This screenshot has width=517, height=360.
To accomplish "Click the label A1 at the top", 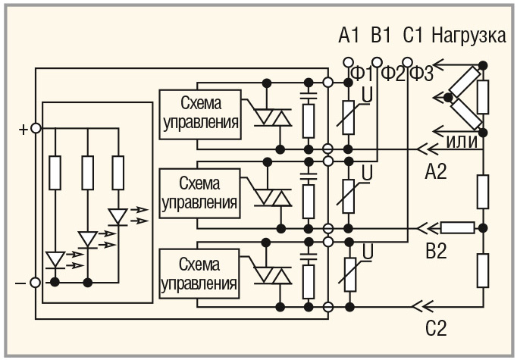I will click(x=348, y=36).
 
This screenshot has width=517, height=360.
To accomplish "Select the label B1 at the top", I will click(x=381, y=36).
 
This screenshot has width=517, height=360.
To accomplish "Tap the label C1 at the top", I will click(x=413, y=36).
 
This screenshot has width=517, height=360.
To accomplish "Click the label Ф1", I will click(x=362, y=74).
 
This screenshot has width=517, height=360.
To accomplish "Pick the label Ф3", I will click(x=421, y=74).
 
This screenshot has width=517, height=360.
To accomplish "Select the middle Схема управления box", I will click(x=199, y=193).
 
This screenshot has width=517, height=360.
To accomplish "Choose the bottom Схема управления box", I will click(x=199, y=274).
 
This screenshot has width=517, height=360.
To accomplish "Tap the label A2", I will click(x=436, y=171).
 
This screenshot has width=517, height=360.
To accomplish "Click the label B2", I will click(x=436, y=252).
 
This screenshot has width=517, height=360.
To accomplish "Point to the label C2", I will click(x=436, y=330).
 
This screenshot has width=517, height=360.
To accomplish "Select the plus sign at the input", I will click(x=23, y=129).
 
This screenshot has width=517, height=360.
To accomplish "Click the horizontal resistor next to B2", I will click(x=458, y=227).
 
